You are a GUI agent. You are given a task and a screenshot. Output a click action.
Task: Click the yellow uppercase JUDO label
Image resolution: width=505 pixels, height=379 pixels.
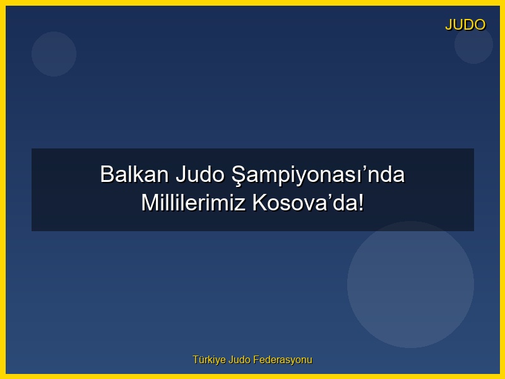465,25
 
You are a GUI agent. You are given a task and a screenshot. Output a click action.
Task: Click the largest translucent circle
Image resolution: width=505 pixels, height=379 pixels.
410,284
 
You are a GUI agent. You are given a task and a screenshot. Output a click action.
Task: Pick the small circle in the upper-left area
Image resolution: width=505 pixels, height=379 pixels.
54,54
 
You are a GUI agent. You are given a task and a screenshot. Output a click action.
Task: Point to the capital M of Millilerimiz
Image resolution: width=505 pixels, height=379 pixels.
149,203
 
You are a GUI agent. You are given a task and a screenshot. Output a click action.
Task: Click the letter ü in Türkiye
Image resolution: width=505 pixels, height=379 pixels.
201,360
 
